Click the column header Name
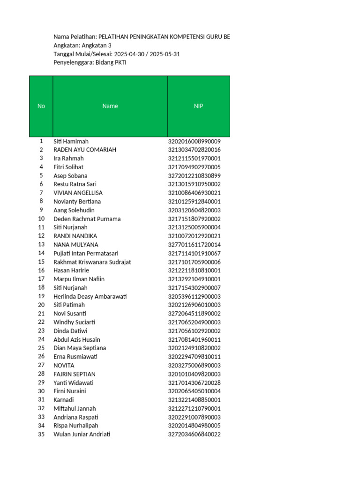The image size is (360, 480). click(110, 106)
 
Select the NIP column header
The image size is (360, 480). click(199, 106)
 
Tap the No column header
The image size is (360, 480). click(41, 106)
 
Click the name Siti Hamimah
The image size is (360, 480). click(71, 141)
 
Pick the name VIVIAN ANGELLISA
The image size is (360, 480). click(78, 193)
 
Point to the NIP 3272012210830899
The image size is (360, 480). click(194, 176)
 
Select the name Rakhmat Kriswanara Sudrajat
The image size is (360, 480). click(91, 262)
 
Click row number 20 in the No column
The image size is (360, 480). click(41, 305)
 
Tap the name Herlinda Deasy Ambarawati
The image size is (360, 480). click(90, 296)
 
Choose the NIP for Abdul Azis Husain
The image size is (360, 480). click(194, 339)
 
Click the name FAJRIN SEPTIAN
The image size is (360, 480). click(75, 374)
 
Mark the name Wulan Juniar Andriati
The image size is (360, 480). click(82, 434)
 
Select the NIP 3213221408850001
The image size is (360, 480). click(194, 400)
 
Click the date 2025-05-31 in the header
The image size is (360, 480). click(164, 54)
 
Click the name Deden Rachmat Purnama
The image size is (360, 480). click(87, 219)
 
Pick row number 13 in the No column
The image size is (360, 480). click(41, 244)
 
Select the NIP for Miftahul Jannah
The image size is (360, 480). click(194, 408)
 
